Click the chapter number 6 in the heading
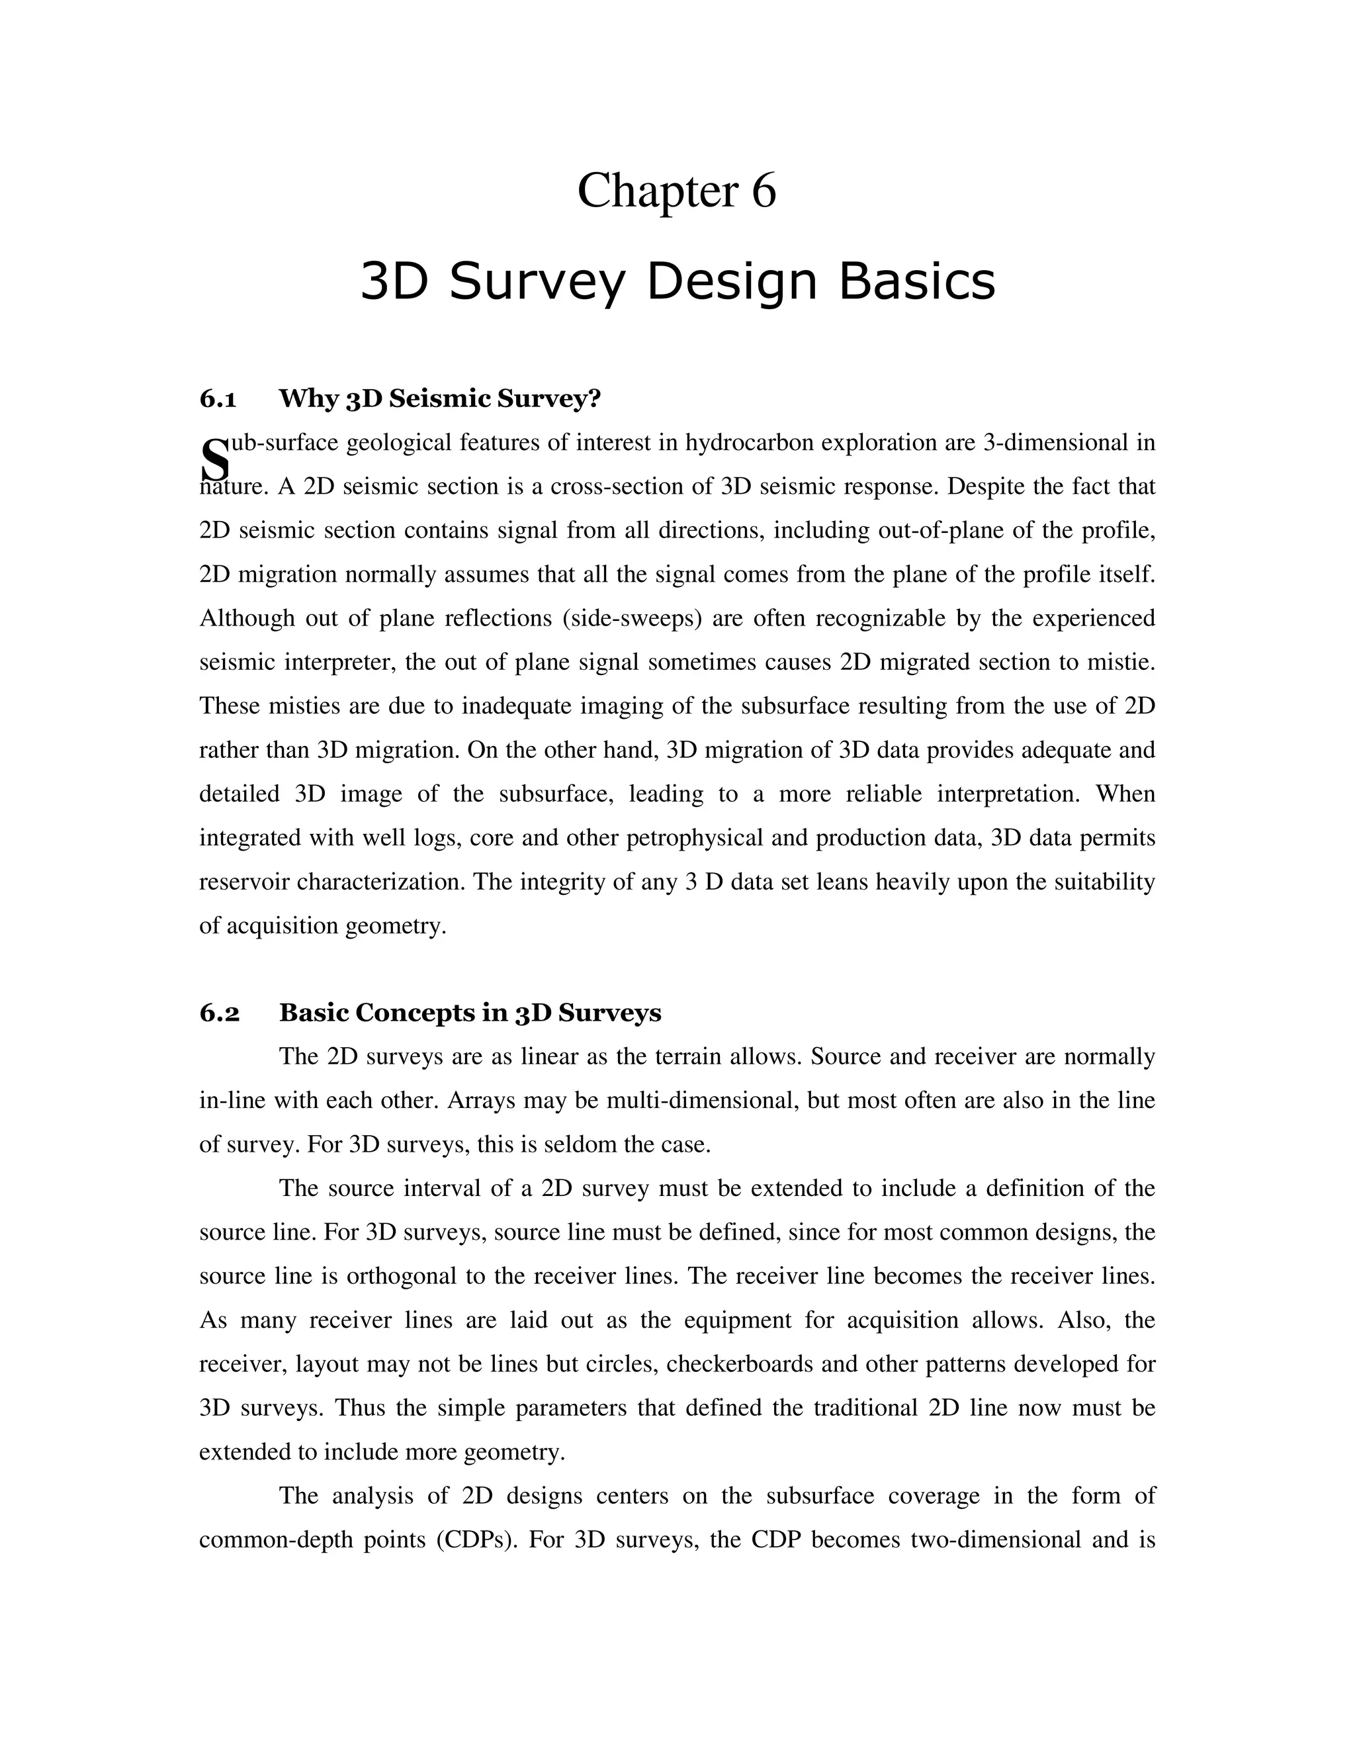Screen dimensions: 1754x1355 [764, 191]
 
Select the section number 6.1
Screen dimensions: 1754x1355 [218, 398]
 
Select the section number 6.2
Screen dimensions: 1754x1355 [219, 1013]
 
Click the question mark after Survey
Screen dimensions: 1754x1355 [595, 398]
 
